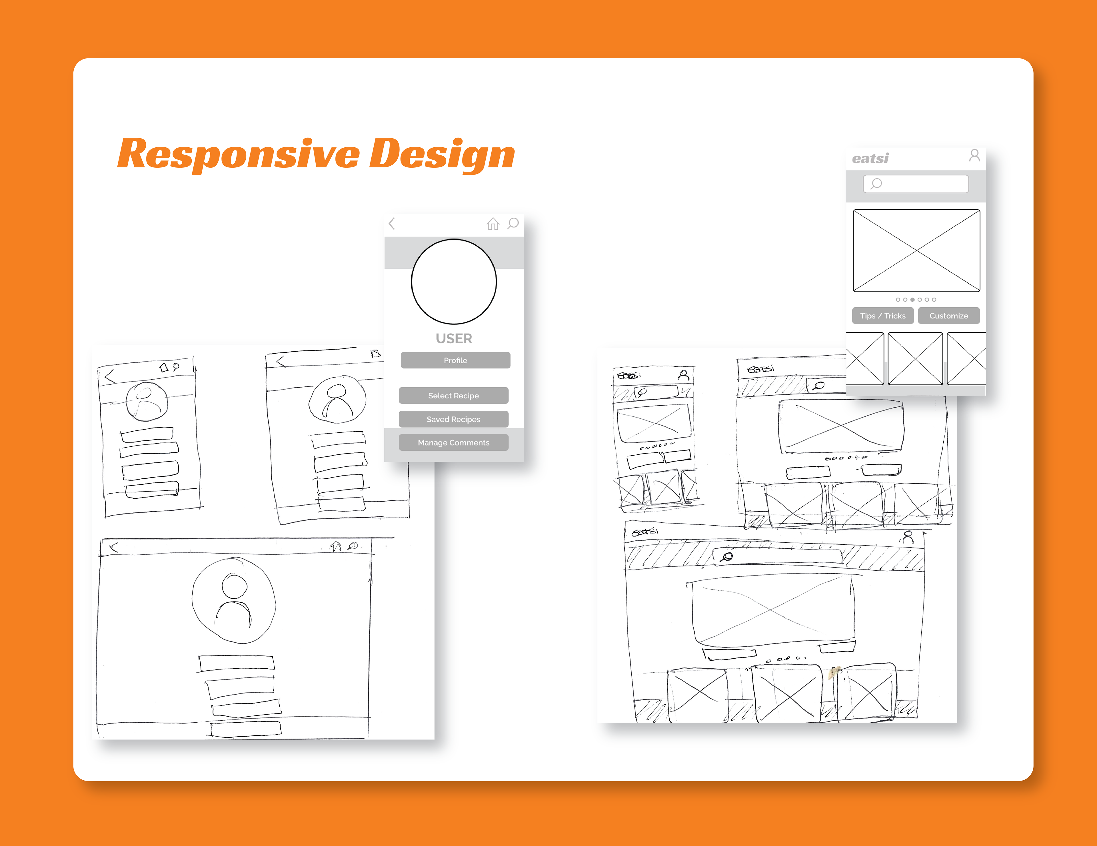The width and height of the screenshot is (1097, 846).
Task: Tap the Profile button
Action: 455,360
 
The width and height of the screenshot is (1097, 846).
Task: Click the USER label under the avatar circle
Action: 454,338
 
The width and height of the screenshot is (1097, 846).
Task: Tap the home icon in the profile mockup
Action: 493,223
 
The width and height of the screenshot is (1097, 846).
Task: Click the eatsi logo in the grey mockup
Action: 870,159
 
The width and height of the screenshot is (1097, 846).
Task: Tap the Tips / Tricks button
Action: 882,316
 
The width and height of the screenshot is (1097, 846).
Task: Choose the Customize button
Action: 948,316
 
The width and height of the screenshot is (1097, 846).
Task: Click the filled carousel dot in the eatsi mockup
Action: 912,300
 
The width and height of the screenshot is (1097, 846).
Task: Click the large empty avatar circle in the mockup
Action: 454,282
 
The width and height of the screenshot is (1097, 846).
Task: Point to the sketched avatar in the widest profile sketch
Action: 234,600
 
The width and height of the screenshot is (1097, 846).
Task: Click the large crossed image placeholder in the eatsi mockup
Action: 916,250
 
